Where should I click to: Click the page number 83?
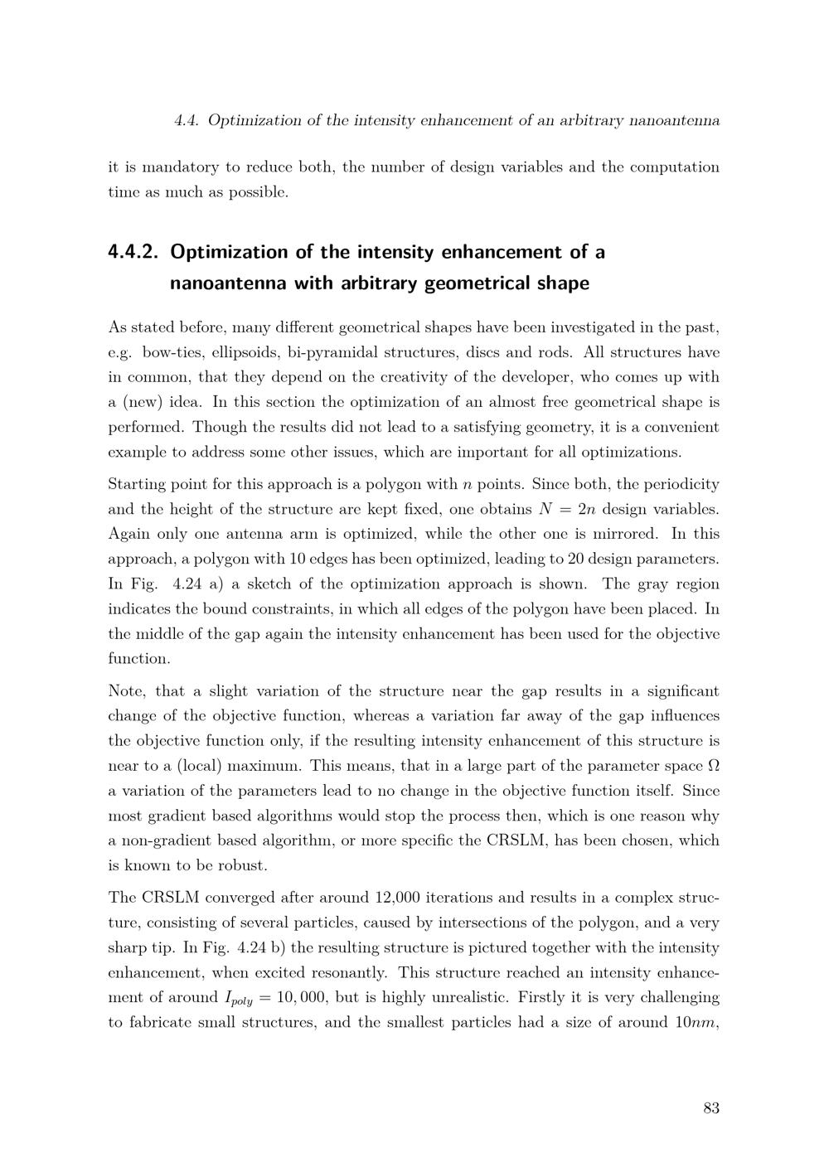pos(710,1108)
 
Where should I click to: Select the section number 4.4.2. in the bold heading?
pos(133,252)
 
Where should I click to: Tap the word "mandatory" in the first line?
pos(180,167)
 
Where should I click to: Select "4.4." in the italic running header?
pos(187,120)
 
